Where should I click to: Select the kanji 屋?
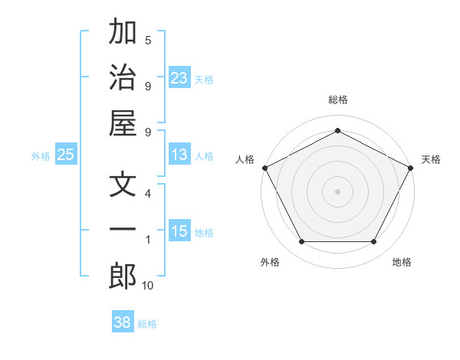point(123,123)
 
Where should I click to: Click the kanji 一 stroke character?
point(123,231)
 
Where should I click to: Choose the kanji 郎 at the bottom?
point(123,276)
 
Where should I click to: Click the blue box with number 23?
point(179,78)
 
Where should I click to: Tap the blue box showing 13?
point(179,155)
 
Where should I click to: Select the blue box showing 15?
point(179,231)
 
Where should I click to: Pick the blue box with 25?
point(66,155)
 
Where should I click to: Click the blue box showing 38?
point(123,322)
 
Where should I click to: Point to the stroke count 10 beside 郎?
point(148,286)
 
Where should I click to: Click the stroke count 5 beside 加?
point(148,40)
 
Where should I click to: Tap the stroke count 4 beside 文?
point(148,193)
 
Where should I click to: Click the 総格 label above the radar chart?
point(337,100)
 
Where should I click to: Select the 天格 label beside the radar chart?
point(432,159)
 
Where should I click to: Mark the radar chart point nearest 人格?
point(264,167)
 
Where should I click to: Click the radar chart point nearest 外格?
point(301,241)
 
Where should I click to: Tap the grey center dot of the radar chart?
point(337,191)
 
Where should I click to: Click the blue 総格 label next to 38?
point(147,323)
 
